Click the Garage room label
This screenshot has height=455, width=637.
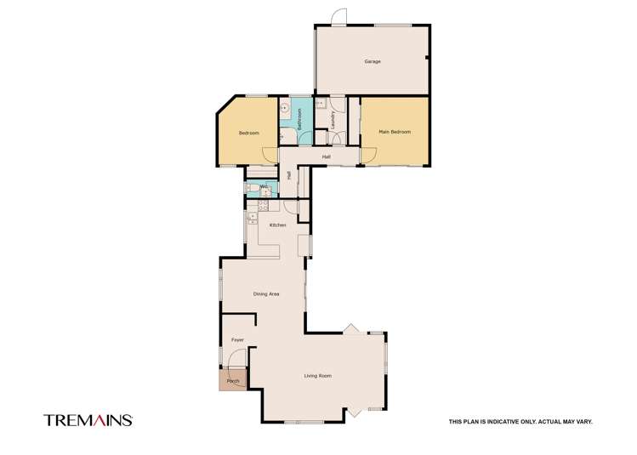click(x=373, y=62)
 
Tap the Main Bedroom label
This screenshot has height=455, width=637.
click(x=395, y=132)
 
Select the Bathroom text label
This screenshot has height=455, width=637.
click(x=300, y=119)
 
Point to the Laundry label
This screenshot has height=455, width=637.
click(x=333, y=120)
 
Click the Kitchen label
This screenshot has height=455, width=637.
click(x=278, y=225)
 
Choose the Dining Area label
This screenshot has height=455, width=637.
click(x=266, y=294)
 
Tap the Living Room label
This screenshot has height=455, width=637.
click(x=318, y=376)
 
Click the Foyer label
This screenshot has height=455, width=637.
click(x=237, y=339)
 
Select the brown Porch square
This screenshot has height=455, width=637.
click(x=233, y=379)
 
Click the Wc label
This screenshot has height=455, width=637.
click(x=264, y=187)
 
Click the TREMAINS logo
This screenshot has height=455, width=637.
click(x=88, y=420)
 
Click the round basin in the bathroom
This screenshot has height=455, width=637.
click(x=285, y=108)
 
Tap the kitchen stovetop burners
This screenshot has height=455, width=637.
click(x=263, y=206)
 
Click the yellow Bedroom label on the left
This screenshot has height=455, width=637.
click(x=248, y=134)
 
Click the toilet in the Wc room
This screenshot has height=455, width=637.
click(x=251, y=188)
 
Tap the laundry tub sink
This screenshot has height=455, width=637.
click(x=321, y=104)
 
